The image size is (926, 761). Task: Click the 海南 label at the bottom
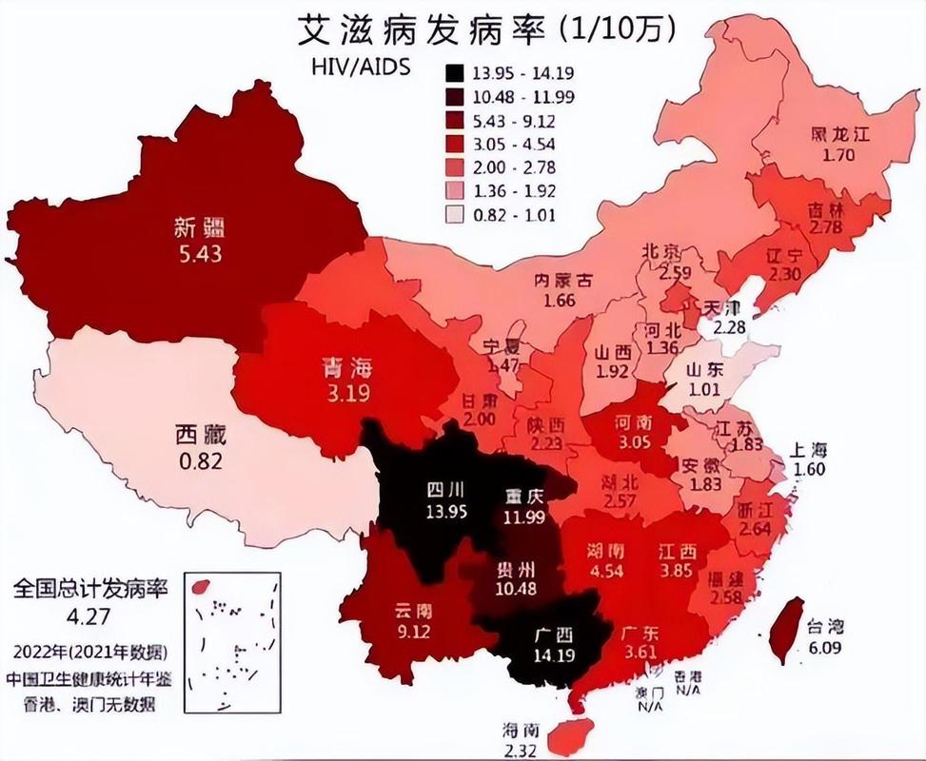522,731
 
